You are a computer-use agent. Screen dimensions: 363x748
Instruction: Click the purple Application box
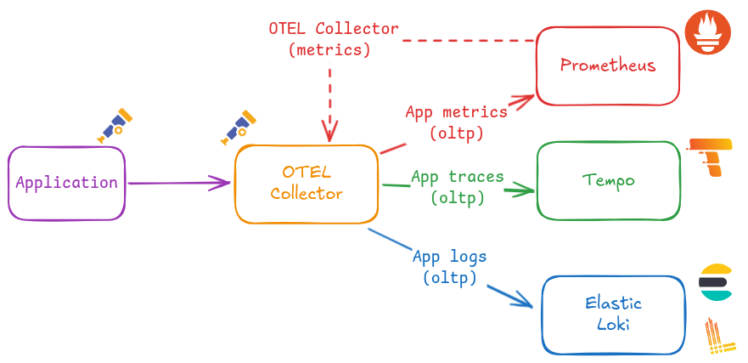[x=67, y=183]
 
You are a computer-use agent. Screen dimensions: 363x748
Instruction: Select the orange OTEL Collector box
[x=307, y=184]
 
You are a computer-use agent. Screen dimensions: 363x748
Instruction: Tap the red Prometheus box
[x=608, y=65]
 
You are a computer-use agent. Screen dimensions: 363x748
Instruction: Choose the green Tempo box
[x=609, y=180]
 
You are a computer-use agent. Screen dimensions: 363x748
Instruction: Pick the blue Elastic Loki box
[x=613, y=314]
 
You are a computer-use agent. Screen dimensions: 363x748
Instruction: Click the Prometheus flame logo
[x=707, y=33]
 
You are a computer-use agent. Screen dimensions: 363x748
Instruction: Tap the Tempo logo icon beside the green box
[x=710, y=156]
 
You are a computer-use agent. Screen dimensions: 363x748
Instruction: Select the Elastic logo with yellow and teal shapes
[x=715, y=283]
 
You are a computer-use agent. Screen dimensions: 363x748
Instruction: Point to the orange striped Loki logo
[x=718, y=336]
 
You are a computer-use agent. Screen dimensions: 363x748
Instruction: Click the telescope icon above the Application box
[x=115, y=124]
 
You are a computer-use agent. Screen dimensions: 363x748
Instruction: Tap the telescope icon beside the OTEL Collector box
[x=239, y=126]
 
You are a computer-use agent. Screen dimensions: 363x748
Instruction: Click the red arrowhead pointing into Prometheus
[x=523, y=99]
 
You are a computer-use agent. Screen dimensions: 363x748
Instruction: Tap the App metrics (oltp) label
[x=456, y=122]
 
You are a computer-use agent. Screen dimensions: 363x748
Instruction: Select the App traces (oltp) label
[x=457, y=187]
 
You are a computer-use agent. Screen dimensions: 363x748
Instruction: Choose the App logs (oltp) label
[x=449, y=266]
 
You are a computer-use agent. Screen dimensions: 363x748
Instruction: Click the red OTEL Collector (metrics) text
[x=333, y=38]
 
